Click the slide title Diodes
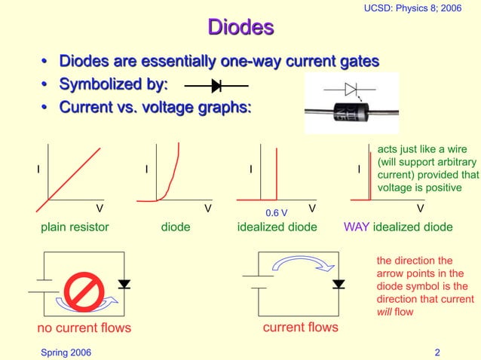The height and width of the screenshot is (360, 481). (x=240, y=28)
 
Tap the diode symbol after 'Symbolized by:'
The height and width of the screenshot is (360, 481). (x=216, y=85)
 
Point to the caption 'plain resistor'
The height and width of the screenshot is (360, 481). (x=74, y=227)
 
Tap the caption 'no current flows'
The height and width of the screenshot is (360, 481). (x=84, y=328)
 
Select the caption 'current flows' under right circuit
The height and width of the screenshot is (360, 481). (x=300, y=328)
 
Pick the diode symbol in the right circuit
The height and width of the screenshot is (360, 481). (x=339, y=284)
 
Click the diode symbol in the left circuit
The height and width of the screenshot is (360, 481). (x=124, y=284)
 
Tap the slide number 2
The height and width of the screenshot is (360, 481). (x=437, y=352)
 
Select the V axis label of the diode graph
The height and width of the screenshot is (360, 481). (x=208, y=207)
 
